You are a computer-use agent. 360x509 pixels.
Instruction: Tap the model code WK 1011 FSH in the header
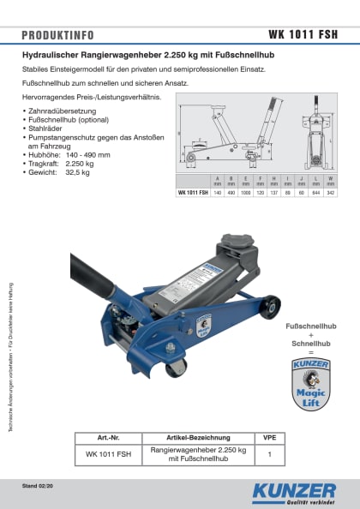303,36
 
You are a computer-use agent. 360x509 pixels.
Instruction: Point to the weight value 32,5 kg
78,172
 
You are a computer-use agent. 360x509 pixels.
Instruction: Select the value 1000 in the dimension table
247,193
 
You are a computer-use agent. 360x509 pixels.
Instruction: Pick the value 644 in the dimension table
317,193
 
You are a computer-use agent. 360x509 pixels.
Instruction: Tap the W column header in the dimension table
331,179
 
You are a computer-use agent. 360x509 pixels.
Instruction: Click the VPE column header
269,436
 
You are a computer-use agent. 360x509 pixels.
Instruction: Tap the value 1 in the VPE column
269,454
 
